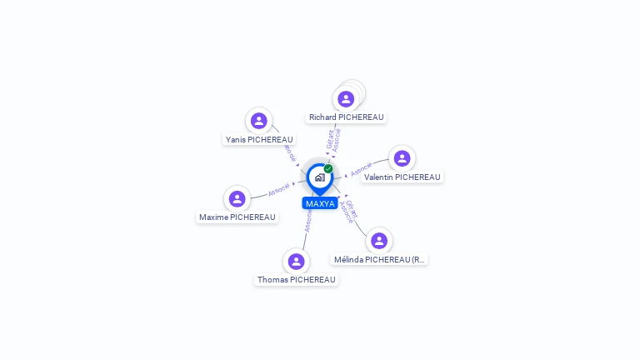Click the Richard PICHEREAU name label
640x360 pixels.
(346, 117)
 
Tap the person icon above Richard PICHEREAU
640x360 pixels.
(346, 99)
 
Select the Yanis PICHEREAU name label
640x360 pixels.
(259, 139)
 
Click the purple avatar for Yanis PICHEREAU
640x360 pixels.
(259, 121)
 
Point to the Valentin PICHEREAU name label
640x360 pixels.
(402, 177)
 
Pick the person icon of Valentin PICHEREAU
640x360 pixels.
(402, 158)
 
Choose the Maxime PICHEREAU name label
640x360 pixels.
(237, 217)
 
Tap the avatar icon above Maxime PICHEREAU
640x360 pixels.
(237, 198)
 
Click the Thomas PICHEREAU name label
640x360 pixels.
(296, 279)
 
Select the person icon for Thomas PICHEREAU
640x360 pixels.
(296, 262)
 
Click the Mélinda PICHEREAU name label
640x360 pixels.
(379, 259)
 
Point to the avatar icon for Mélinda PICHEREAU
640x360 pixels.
(379, 241)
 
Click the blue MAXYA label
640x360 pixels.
(320, 203)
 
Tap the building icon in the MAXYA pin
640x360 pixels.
(319, 177)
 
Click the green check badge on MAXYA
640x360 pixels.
(328, 168)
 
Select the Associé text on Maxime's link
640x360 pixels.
(279, 189)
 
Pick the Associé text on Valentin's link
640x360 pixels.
(361, 169)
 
